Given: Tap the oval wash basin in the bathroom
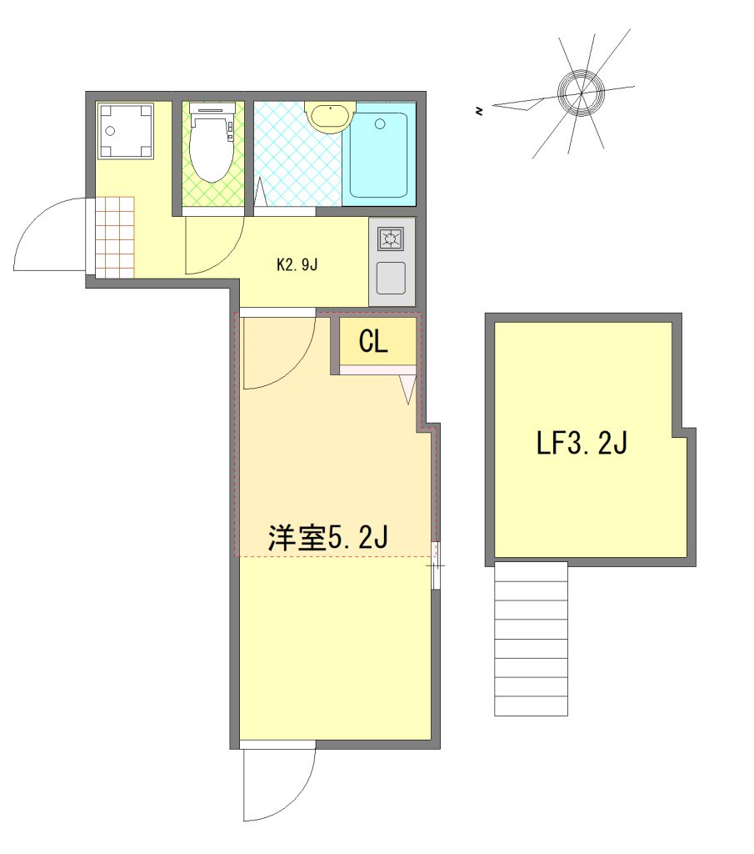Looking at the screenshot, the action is click(x=330, y=115).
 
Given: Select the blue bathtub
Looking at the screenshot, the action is click(x=378, y=155).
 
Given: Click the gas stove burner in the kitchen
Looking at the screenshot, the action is click(x=391, y=239).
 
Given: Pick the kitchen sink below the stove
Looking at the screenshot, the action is click(x=391, y=277).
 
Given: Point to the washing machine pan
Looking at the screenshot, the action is click(x=126, y=131).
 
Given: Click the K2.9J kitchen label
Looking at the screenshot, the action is click(x=297, y=265).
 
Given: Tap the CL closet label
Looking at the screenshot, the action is click(x=373, y=341).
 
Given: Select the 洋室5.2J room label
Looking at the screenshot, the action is click(x=328, y=538).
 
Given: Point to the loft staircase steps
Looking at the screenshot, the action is click(x=531, y=639).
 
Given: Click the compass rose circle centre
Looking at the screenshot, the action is click(x=581, y=93).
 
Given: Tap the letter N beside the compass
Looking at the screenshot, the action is click(x=479, y=112).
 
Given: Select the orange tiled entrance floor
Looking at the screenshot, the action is click(x=115, y=237).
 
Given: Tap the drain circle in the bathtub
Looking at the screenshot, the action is click(x=380, y=123).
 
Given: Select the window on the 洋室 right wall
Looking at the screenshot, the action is click(x=435, y=565).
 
